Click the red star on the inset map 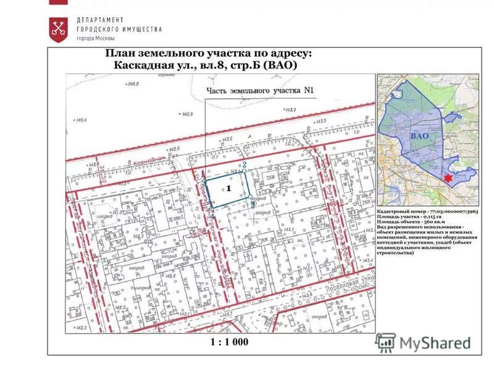click(x=448, y=178)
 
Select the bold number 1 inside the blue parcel click(x=228, y=187)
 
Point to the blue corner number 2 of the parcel click(x=245, y=165)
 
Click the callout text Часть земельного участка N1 click(x=260, y=90)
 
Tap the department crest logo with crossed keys click(x=59, y=29)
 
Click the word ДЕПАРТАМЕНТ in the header click(x=100, y=20)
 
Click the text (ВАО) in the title click(x=280, y=65)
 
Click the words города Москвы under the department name click(x=95, y=38)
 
